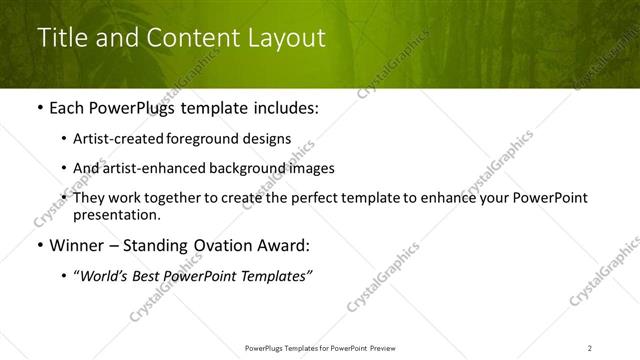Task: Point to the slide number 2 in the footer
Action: click(590, 347)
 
